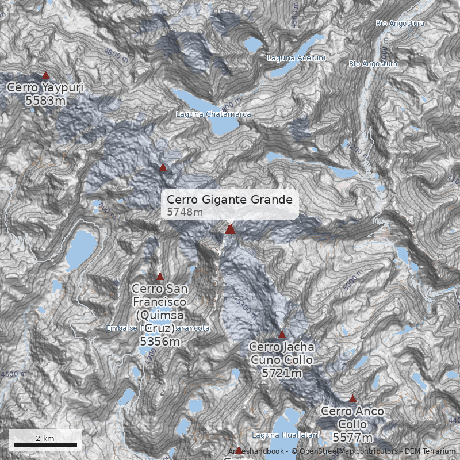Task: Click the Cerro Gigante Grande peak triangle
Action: coord(230,229)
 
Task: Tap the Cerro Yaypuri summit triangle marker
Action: coord(46,75)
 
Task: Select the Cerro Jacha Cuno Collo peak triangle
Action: coord(282,334)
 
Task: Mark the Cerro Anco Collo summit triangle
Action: coord(353,398)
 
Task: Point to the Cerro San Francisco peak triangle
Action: coord(160,276)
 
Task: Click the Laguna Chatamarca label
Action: coord(213,114)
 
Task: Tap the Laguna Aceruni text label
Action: coord(296,58)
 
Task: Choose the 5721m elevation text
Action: coord(282,373)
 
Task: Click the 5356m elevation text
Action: coord(160,341)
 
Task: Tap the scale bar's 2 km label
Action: coord(45,438)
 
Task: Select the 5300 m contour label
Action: coord(244,308)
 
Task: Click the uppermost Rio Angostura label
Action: coord(400,24)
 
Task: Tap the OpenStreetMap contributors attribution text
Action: coord(344,451)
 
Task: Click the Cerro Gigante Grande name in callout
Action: coord(230,200)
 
